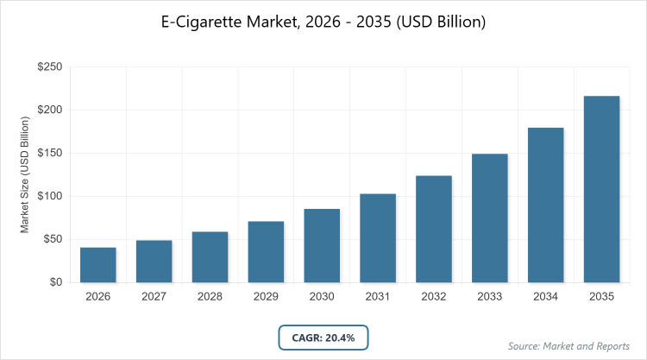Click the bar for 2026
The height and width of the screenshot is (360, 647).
point(97,265)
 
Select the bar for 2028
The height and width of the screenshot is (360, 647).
point(210,257)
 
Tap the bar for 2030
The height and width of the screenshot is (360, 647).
point(322,246)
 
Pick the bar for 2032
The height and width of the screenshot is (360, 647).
point(434,229)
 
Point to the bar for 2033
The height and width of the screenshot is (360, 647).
point(490,218)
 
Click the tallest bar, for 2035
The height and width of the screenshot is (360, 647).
point(601,189)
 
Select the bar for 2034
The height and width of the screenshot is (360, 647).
point(546,205)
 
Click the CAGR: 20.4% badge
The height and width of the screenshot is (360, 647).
point(323,338)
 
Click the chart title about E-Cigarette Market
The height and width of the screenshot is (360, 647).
point(323,22)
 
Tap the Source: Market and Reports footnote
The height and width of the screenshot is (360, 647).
point(568,346)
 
